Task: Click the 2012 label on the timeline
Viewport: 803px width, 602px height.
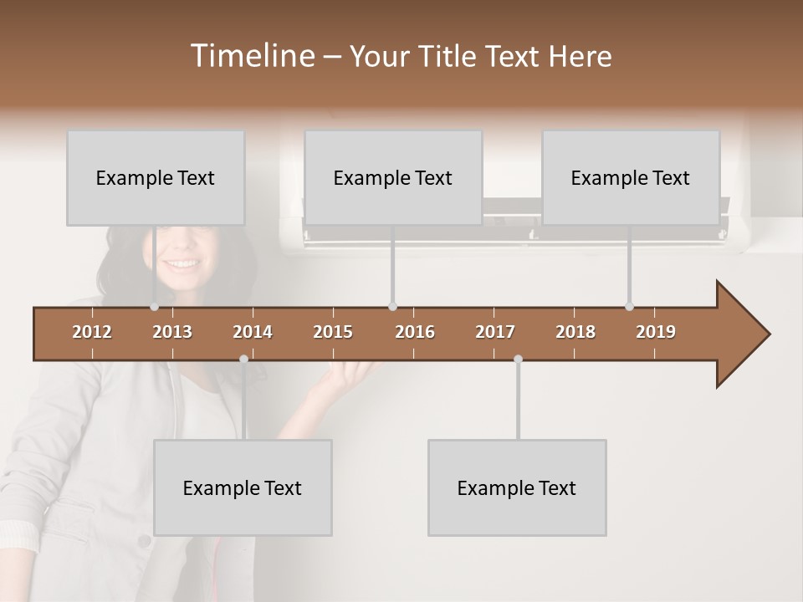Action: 92,332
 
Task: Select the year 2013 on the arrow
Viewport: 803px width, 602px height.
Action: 172,332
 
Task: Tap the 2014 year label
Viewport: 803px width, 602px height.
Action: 253,332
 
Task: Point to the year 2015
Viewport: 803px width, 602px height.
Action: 333,332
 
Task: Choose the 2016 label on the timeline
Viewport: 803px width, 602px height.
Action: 415,332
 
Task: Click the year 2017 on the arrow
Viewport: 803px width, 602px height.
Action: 495,332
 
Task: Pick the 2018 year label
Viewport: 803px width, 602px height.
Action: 575,332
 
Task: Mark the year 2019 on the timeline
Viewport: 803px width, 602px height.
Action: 656,332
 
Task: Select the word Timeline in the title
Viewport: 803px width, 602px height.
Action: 251,56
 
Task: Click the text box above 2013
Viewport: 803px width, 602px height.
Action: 156,177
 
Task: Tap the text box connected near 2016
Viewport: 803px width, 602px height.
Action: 393,177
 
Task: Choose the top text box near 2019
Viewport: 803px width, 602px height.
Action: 631,177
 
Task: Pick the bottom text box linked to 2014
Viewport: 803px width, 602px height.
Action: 243,487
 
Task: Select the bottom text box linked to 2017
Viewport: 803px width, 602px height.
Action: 517,487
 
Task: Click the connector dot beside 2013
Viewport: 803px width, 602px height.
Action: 154,307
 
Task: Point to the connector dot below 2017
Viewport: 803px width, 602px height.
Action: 518,360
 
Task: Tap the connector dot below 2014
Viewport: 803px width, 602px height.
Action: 243,360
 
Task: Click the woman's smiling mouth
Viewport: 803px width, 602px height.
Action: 182,264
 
